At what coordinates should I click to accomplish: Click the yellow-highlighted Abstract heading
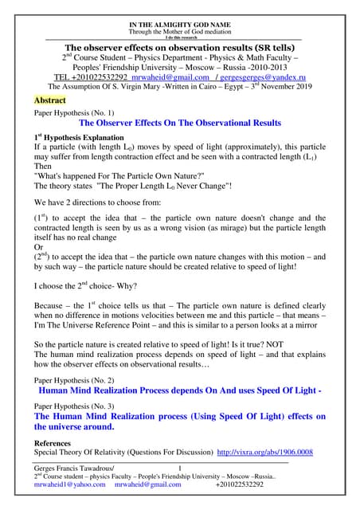49,101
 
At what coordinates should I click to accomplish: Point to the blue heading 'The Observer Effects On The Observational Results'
179,124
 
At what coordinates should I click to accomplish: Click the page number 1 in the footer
180,467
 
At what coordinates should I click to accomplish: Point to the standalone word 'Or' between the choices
38,247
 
